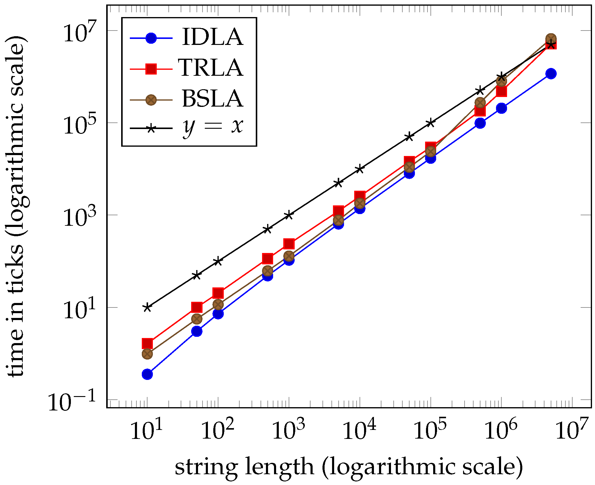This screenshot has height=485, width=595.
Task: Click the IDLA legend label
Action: point(212,37)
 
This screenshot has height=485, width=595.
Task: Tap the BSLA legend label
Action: point(212,99)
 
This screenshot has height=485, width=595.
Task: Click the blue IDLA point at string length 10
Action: point(147,374)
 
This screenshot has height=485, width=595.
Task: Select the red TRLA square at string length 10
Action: point(147,343)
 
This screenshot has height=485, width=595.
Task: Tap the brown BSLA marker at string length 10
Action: point(147,354)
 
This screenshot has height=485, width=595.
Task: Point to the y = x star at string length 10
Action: point(147,307)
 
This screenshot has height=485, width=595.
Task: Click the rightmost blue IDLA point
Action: point(551,74)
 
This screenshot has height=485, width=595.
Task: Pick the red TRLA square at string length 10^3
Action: point(289,244)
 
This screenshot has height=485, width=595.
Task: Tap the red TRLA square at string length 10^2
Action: point(218,293)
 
